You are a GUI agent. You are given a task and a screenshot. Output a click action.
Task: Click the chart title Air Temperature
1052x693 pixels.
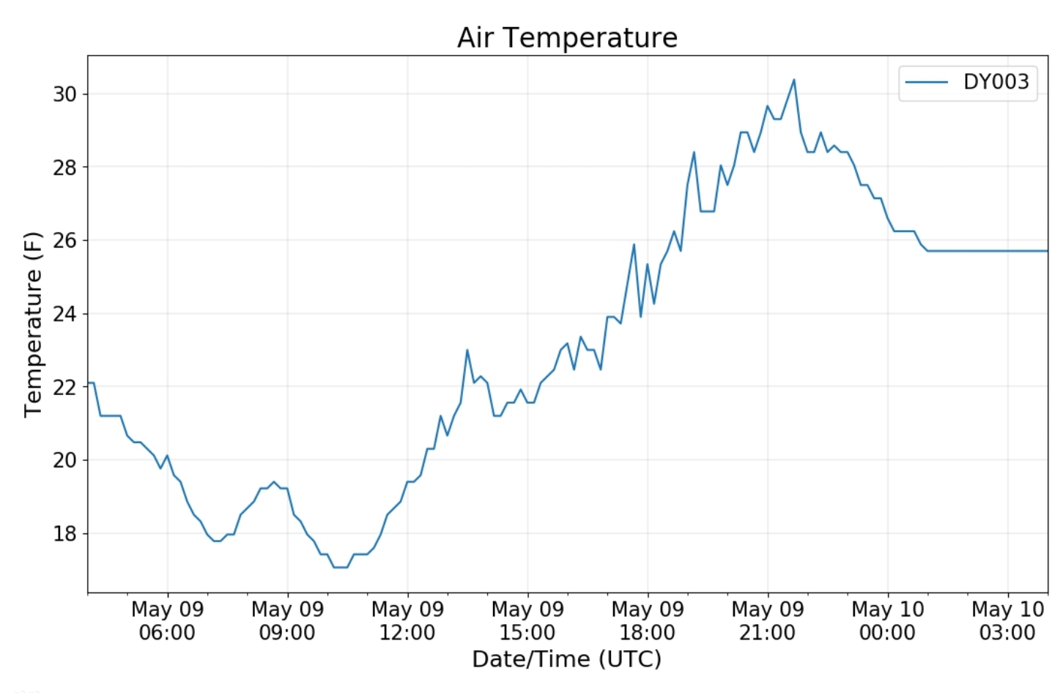pos(567,37)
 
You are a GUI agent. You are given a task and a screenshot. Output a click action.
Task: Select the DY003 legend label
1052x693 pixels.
pos(996,81)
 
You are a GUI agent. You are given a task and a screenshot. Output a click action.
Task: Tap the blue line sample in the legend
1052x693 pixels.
pos(927,82)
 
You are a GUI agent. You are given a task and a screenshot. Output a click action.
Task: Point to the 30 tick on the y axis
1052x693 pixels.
pos(64,94)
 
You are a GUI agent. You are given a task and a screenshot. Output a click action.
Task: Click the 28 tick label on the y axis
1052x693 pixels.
pos(64,167)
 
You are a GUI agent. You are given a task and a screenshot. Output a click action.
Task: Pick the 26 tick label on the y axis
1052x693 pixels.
pos(64,240)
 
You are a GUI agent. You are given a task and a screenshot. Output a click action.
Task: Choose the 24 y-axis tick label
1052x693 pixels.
pos(64,314)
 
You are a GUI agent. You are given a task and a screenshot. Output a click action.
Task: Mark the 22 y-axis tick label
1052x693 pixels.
pos(64,387)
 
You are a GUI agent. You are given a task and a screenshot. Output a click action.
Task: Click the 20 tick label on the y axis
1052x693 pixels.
pos(64,460)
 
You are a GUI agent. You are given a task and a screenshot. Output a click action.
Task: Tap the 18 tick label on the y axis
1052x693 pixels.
pos(64,533)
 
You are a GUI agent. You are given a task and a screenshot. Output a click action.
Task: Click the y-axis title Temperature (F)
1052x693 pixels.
pos(33,324)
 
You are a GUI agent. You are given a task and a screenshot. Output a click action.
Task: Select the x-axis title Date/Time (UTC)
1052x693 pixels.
pos(566,659)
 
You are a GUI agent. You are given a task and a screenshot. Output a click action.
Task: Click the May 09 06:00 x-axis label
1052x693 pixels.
pos(167,620)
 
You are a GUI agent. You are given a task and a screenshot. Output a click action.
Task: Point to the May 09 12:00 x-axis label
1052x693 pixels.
pos(407,620)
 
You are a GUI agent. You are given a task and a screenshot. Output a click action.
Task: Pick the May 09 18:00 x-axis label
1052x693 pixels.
pos(648,620)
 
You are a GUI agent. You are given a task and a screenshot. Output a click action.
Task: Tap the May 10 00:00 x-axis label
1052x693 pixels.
pos(887,620)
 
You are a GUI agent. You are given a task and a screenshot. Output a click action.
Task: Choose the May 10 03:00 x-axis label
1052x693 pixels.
pos(1007,620)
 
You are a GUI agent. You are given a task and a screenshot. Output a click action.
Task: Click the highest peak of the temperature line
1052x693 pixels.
pos(793,80)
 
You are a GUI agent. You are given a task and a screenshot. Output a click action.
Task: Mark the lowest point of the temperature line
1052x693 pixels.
pos(341,567)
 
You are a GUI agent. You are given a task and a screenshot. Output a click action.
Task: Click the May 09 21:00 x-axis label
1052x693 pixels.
pos(767,620)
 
